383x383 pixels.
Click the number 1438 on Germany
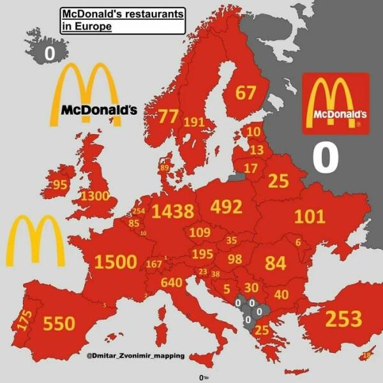pos(172,211)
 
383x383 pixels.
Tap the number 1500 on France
pos(116,261)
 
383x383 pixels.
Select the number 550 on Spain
pos(59,324)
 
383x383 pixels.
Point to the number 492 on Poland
pos(226,207)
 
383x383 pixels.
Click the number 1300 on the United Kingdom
pos(94,195)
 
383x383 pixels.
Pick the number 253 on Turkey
pos(343,318)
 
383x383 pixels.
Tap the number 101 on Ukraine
pos(309,216)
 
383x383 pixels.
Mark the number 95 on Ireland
pos(60,185)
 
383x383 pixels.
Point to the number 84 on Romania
pos(275,262)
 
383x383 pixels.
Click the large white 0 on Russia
pos(324,156)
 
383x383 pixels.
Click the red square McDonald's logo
pos(336,103)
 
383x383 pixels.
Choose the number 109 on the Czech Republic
pos(200,231)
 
